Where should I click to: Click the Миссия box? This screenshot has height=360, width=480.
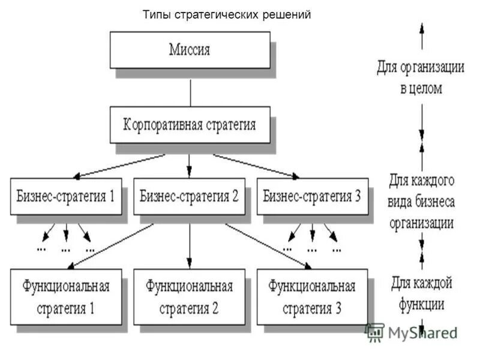point(190,50)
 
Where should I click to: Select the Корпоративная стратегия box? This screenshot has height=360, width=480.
point(190,125)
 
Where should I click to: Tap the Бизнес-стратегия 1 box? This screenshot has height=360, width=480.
point(65,196)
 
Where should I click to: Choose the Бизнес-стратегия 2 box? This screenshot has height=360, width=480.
point(190,196)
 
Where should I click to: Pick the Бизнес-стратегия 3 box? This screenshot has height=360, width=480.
point(313,196)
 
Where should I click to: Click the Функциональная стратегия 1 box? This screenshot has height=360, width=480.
point(66,296)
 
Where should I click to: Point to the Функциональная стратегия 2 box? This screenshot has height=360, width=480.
point(190,296)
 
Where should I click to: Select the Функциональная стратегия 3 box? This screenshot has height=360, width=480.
point(313,296)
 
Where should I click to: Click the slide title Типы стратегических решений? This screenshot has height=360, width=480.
point(227,15)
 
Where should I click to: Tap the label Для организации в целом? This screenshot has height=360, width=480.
point(421,77)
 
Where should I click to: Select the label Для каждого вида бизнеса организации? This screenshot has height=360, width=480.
point(421,201)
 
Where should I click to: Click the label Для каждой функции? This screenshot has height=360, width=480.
point(421,292)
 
